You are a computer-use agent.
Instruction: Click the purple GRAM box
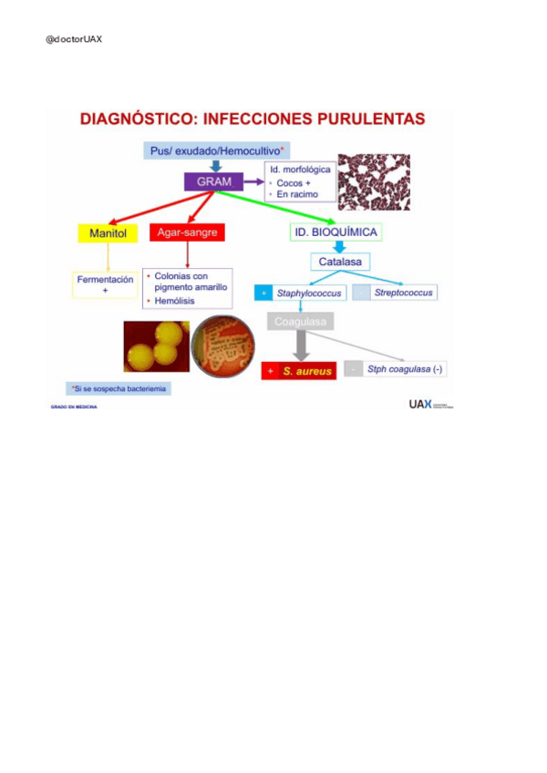click(x=208, y=182)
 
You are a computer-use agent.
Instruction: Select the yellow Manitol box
click(x=107, y=233)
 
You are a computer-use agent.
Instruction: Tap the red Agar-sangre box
click(x=187, y=233)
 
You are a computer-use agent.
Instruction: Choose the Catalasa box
click(x=339, y=263)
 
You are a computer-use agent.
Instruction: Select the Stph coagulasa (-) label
click(x=404, y=370)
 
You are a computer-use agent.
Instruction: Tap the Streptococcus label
click(x=404, y=293)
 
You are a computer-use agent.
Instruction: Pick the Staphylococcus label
click(x=308, y=294)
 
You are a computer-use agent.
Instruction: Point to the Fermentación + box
click(x=105, y=284)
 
